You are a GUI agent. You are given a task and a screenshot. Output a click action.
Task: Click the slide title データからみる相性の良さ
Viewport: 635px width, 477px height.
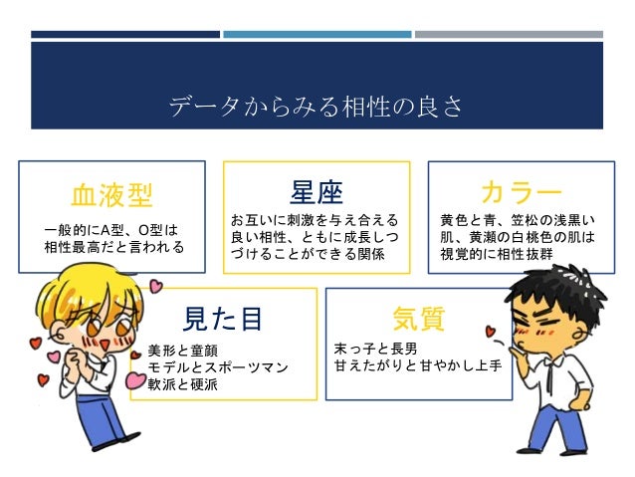[316, 107]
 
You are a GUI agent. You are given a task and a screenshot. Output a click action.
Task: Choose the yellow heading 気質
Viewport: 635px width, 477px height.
[418, 318]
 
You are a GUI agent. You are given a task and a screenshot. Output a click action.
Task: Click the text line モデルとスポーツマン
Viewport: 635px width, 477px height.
[217, 367]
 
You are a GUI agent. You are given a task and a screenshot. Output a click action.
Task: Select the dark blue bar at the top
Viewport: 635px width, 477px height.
[124, 34]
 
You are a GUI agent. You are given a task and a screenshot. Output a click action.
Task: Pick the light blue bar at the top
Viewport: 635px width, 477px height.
[317, 34]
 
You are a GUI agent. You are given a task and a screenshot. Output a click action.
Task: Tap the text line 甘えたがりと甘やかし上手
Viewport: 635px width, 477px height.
[419, 367]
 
